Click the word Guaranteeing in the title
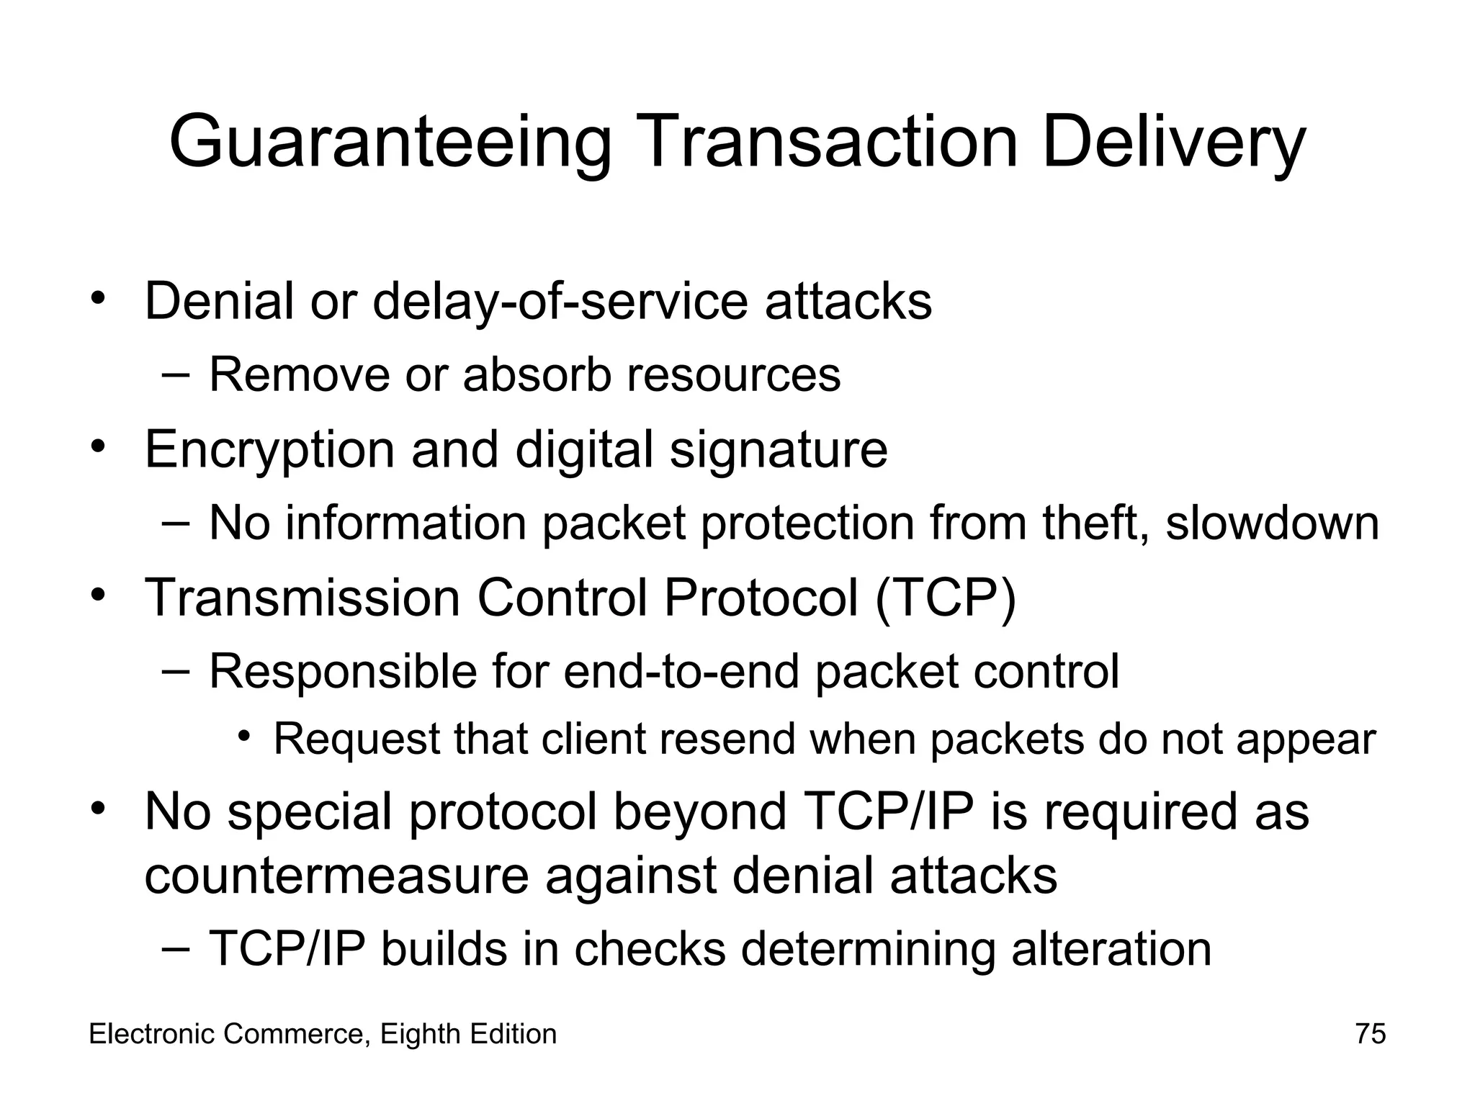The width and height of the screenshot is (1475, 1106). point(390,143)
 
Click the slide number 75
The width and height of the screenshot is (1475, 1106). point(1371,1034)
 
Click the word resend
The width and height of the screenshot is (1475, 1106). point(725,739)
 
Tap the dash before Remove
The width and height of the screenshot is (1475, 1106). point(176,374)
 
